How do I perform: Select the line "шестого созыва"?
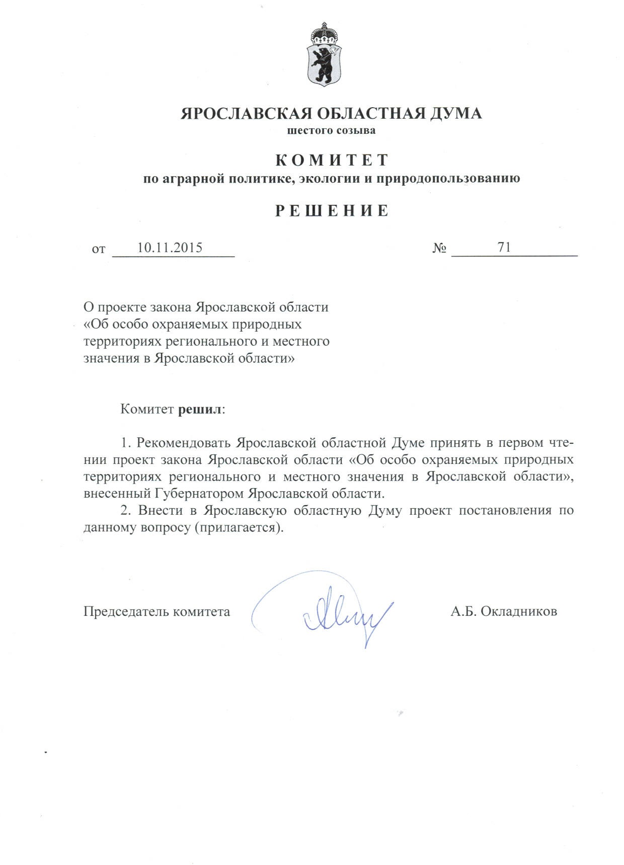coord(331,131)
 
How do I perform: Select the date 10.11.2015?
coord(170,248)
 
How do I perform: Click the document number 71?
coord(504,247)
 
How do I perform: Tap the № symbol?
coord(439,248)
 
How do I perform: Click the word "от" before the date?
coord(99,249)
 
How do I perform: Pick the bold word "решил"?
coord(200,409)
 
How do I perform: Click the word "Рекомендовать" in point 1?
coord(184,443)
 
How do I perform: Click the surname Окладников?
coord(518,611)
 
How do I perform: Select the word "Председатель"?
coord(126,611)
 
